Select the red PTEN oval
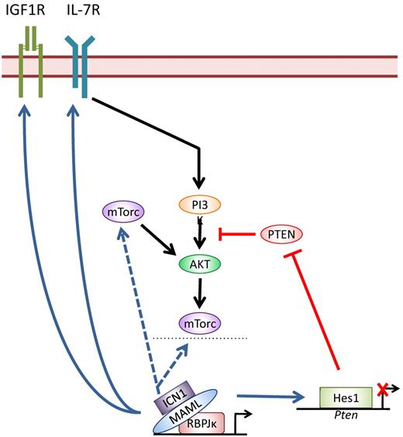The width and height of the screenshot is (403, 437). tap(281, 232)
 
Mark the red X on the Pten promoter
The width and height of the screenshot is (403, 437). tap(381, 393)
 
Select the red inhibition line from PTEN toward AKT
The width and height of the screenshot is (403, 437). tap(236, 232)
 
